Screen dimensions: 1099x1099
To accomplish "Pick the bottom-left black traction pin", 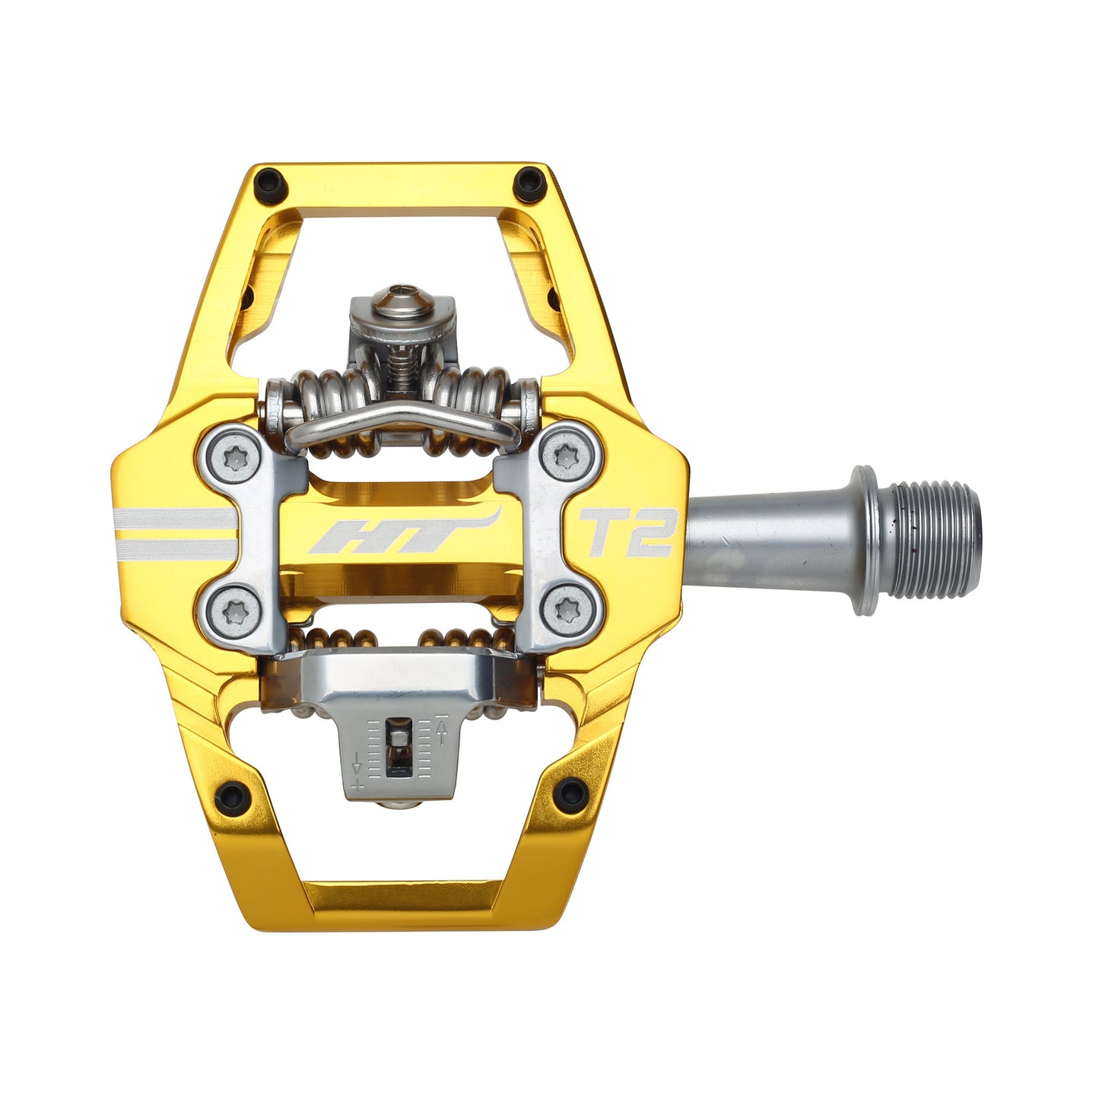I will [235, 795].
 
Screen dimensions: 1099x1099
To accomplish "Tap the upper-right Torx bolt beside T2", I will [564, 458].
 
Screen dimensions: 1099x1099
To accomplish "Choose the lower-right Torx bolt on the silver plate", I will [565, 609].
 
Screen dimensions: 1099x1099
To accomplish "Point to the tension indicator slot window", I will [397, 749].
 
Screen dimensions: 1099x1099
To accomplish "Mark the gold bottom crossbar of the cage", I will [403, 905].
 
